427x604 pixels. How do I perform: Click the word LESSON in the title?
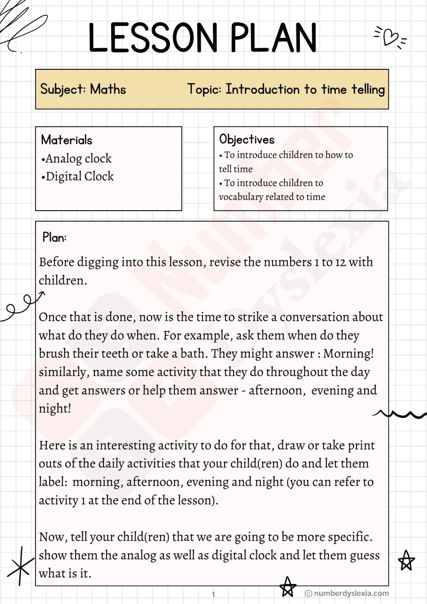pyautogui.click(x=153, y=38)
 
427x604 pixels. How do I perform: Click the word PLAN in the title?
pyautogui.click(x=273, y=38)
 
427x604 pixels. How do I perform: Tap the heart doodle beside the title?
pyautogui.click(x=390, y=37)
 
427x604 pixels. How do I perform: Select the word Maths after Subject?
pyautogui.click(x=108, y=89)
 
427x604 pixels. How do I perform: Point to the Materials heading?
pyautogui.click(x=66, y=140)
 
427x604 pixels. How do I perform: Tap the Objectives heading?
pyautogui.click(x=247, y=139)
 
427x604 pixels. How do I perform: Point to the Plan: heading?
pyautogui.click(x=54, y=238)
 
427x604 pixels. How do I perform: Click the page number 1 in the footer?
pyautogui.click(x=213, y=594)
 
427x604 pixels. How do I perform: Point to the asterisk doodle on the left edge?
pyautogui.click(x=20, y=566)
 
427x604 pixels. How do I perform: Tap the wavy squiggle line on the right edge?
pyautogui.click(x=399, y=414)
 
